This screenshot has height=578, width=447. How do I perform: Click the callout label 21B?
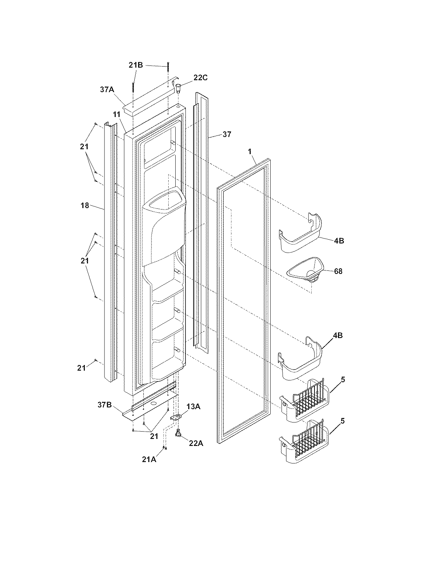point(135,65)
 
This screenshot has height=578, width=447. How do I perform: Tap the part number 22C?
point(200,78)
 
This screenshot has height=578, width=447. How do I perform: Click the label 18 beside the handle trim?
point(85,206)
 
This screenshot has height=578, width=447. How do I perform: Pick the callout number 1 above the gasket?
point(250,151)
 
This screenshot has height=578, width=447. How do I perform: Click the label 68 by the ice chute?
point(338,271)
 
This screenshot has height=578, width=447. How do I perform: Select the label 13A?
point(193,406)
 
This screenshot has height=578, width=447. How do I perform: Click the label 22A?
point(196,443)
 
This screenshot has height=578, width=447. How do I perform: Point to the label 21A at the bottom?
point(149,460)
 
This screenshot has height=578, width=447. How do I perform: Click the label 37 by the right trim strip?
point(227,134)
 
